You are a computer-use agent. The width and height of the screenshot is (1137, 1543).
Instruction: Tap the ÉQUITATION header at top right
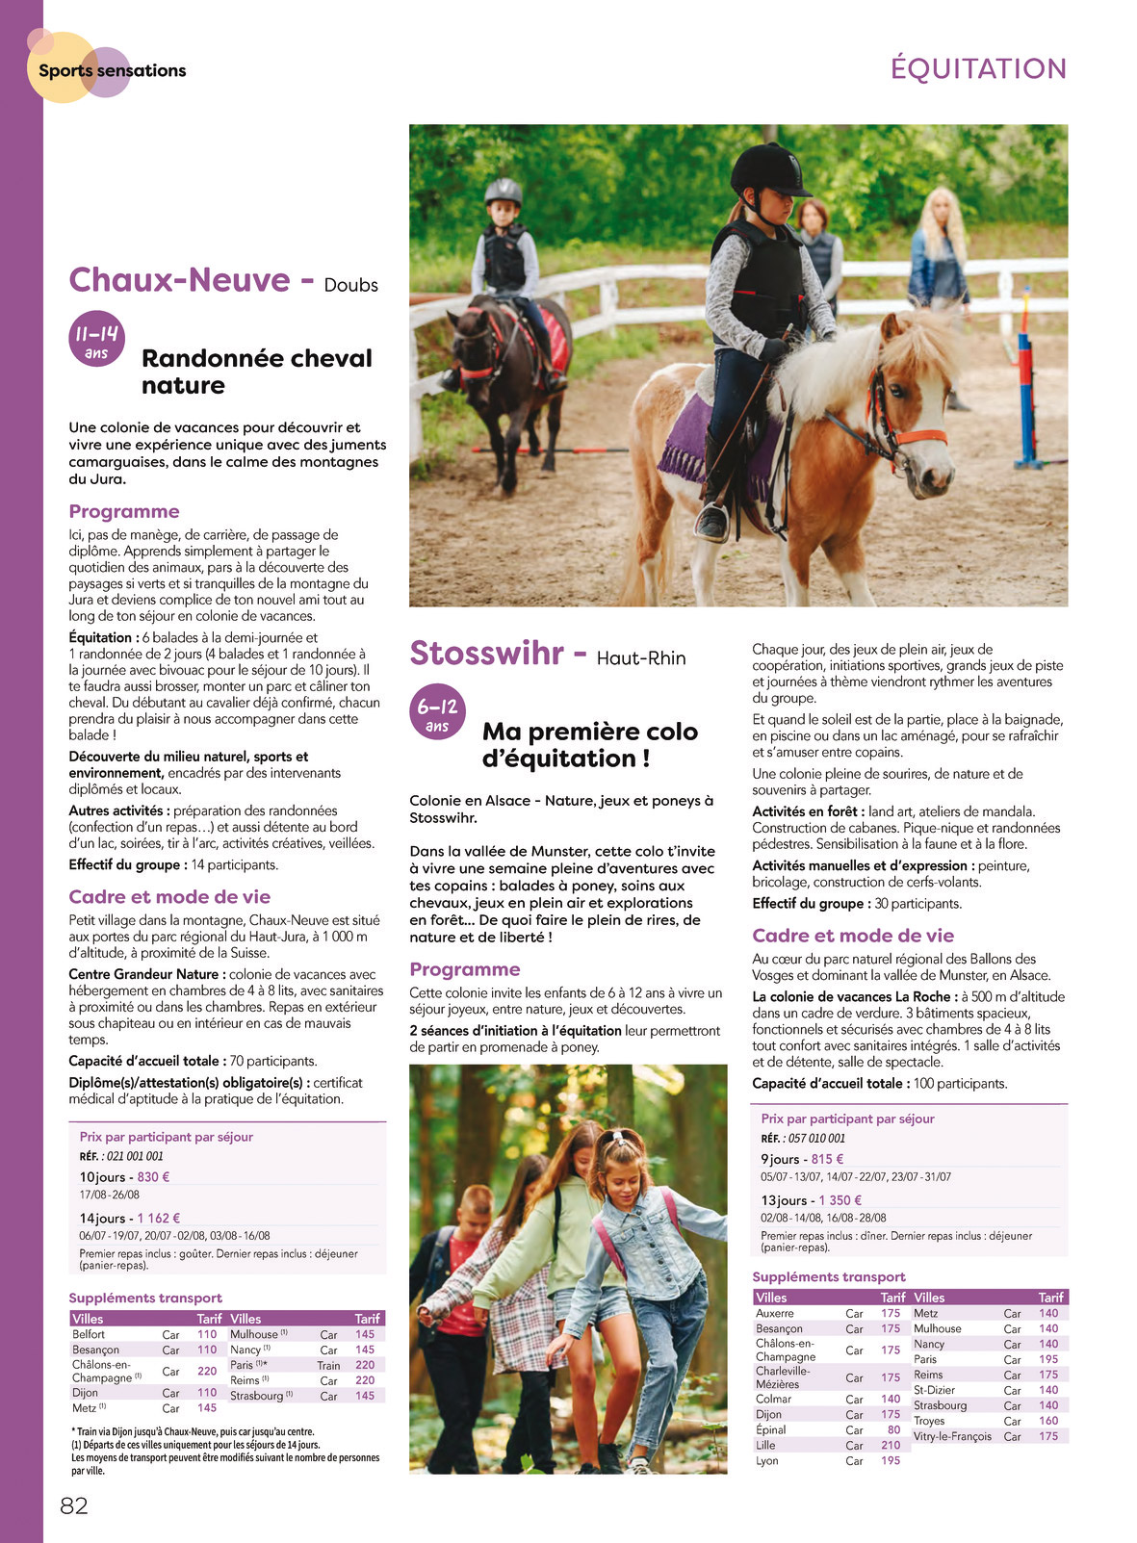click(978, 69)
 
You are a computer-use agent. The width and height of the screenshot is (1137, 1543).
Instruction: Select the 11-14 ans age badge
click(96, 339)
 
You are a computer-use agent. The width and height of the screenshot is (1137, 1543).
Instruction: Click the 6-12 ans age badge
click(437, 713)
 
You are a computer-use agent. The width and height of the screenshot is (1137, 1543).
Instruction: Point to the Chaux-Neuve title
click(179, 280)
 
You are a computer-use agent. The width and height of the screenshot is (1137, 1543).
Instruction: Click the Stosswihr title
click(487, 654)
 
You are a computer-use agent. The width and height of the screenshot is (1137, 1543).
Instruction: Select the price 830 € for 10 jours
click(154, 1176)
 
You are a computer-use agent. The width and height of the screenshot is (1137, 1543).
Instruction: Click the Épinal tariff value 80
click(894, 1429)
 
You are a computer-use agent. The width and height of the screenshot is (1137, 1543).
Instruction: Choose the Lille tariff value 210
click(891, 1445)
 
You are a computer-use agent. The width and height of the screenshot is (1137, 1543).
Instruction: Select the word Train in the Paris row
click(328, 1365)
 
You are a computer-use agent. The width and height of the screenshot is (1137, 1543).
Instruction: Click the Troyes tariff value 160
click(1048, 1421)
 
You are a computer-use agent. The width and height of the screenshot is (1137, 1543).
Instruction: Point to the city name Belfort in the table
click(89, 1334)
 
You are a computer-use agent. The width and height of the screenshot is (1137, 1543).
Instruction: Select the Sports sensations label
click(112, 70)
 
